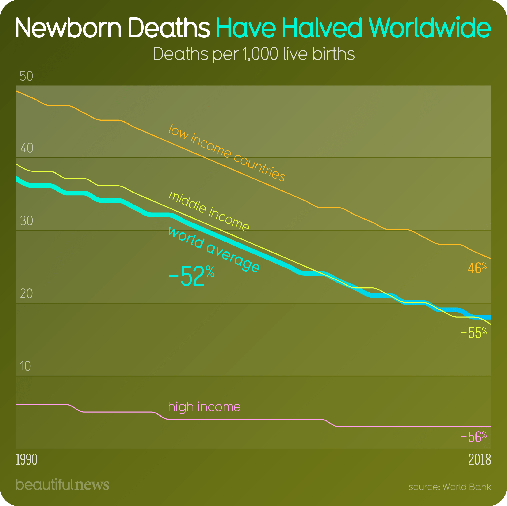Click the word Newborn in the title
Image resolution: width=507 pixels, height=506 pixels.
point(69,27)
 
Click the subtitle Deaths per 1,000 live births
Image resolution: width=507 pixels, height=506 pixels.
point(253,54)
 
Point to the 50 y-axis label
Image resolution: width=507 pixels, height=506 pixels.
point(26,76)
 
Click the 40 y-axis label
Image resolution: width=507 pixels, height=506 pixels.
point(27,148)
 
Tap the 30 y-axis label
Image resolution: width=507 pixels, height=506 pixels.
point(27,221)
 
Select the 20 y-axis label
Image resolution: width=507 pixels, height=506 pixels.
point(26,294)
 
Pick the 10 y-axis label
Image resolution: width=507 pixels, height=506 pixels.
point(25,366)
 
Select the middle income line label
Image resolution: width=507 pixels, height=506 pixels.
point(209,212)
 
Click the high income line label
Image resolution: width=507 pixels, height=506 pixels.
point(204,407)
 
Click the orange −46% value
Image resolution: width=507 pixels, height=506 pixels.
point(474,268)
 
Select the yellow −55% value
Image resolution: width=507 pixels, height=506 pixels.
point(474,333)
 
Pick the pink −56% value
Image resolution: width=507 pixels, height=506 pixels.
point(474,437)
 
